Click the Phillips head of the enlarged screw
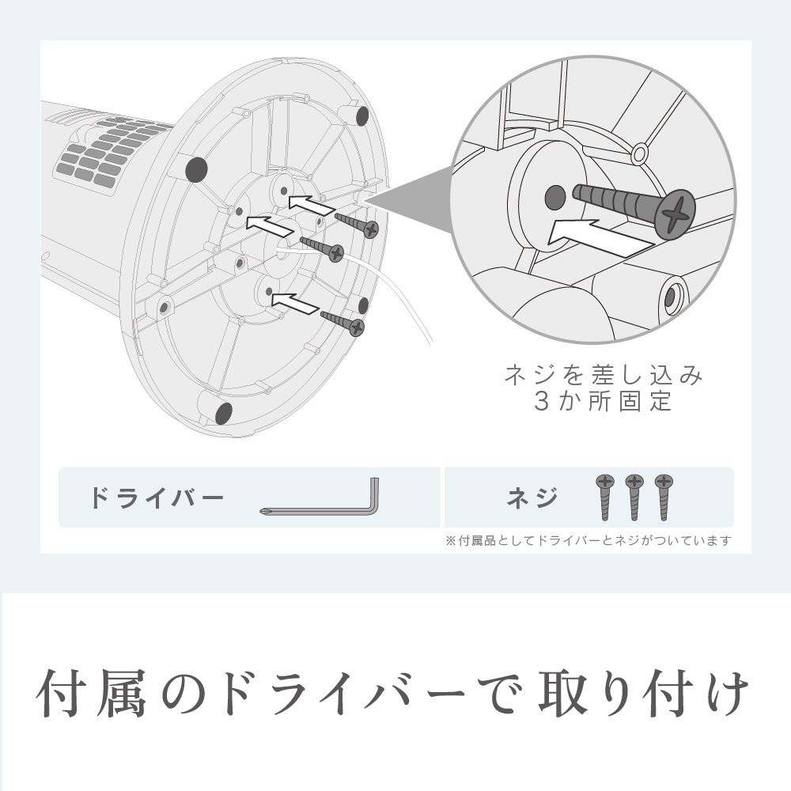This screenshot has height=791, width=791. pos(676,214)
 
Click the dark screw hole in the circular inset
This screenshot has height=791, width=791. pos(555,199)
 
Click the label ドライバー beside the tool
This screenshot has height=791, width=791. pos(156,498)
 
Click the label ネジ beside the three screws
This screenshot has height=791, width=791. pos(532,498)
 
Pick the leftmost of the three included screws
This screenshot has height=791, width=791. pos(605,497)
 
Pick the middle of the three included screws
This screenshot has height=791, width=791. pos(634,497)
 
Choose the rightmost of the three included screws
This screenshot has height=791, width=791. pos(664,497)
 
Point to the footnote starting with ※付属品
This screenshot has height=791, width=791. pos(589,541)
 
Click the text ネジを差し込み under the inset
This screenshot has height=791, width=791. pos(604,375)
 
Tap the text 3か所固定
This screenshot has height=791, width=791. pos(604,402)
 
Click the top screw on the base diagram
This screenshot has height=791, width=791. pos(357,225)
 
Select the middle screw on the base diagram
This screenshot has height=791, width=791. pos(322,248)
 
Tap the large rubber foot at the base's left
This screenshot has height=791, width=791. pos(197,169)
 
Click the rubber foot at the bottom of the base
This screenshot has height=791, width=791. pos(224,413)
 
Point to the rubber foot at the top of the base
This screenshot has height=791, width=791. pos(362,116)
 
